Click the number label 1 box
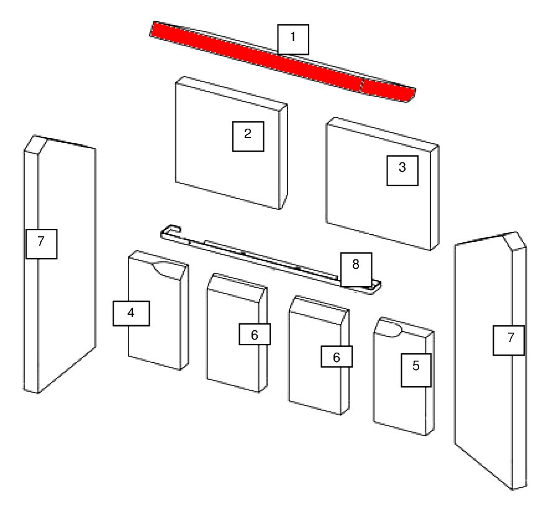pyautogui.click(x=293, y=39)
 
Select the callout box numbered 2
pyautogui.click(x=248, y=136)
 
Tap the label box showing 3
pyautogui.click(x=402, y=170)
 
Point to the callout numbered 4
pyautogui.click(x=131, y=313)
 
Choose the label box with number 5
pyautogui.click(x=416, y=370)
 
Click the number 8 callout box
pyautogui.click(x=356, y=269)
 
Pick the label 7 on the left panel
pyautogui.click(x=42, y=244)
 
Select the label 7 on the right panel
pyautogui.click(x=509, y=340)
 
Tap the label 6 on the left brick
pyautogui.click(x=255, y=334)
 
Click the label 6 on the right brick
pyautogui.click(x=337, y=356)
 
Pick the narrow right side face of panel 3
pyautogui.click(x=435, y=198)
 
